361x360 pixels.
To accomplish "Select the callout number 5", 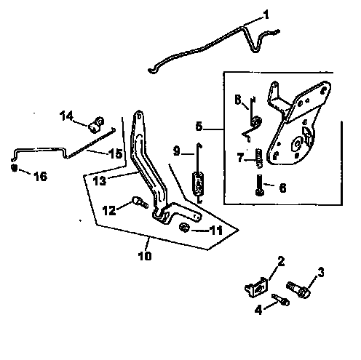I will [199, 126].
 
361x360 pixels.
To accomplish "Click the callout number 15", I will [116, 153].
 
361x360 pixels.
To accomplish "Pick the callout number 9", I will [176, 151].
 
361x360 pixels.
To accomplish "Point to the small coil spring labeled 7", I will [258, 156].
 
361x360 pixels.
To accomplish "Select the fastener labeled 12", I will [136, 204].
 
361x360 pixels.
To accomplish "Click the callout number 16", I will [40, 176].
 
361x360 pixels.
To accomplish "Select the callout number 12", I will [108, 210].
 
